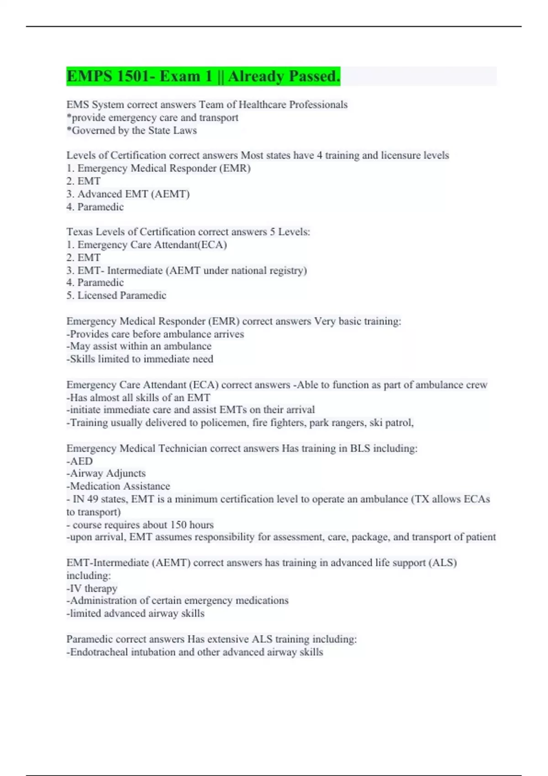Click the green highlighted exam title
[203, 76]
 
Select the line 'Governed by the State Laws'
[132, 131]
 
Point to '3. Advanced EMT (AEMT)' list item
[128, 194]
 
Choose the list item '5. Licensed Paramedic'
[116, 295]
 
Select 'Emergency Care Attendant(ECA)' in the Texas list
[152, 245]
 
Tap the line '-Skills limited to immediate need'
[140, 359]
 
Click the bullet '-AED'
[80, 461]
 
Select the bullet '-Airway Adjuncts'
[106, 473]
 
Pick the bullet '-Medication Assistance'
[118, 486]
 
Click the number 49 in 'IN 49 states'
[92, 499]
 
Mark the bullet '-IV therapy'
[92, 588]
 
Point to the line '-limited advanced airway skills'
[136, 613]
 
